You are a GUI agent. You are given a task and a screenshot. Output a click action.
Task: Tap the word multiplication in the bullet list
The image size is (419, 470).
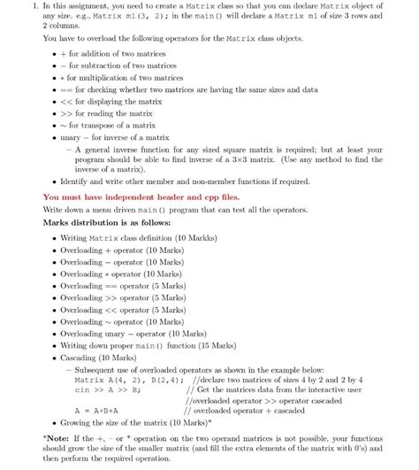click(x=105, y=77)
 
